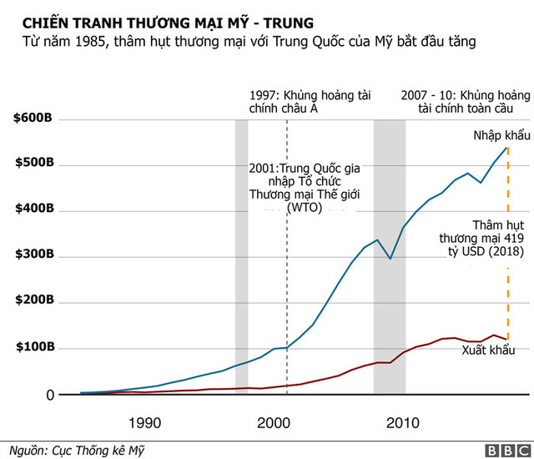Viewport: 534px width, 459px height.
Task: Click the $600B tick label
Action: pos(33,119)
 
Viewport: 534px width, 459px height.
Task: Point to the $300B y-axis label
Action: pos(33,255)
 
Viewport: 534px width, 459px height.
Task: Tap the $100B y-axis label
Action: pos(33,347)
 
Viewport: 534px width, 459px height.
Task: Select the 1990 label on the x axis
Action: pos(145,421)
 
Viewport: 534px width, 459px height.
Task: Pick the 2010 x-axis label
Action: pos(402,421)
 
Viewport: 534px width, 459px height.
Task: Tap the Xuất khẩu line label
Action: pos(488,351)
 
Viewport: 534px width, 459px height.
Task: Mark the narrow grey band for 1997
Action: pos(241,250)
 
